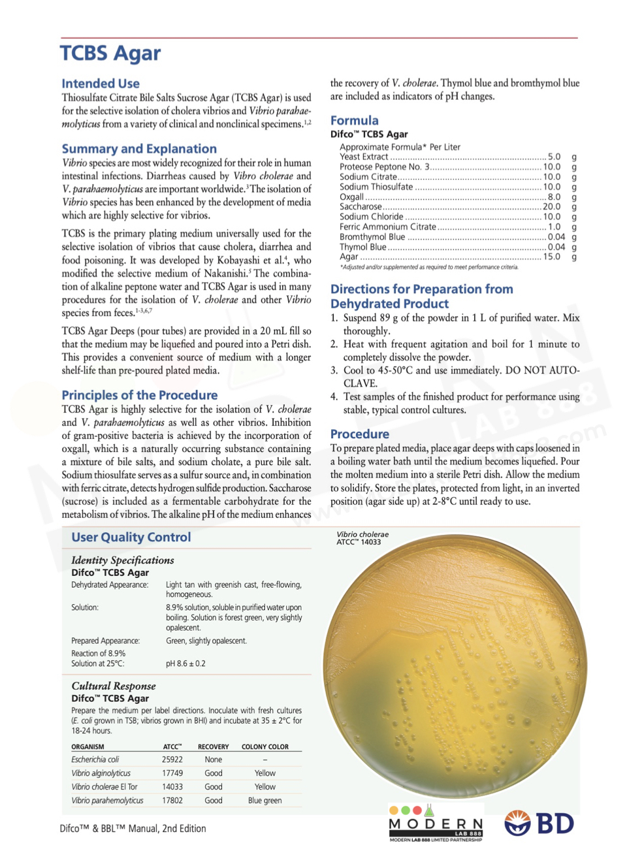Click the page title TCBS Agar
pos(110,54)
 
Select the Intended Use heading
pos(101,84)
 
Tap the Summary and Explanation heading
pos(139,149)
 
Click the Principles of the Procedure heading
pos(140,395)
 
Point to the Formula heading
pos(354,121)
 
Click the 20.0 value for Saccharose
pos(551,206)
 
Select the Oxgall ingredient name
pos(351,197)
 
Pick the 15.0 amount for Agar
pos(551,257)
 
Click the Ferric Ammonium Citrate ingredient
pos(387,227)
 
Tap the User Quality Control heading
pos(131,537)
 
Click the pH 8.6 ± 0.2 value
pos(185,664)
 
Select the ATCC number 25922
pos(172,760)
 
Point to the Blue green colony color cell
pos(265,801)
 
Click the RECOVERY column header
pos(213,746)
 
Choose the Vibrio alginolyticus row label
pos(101,773)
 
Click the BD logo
pos(539,824)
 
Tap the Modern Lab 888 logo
pos(436,824)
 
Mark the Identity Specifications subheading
pos(123,560)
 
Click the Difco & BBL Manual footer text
pos(133,829)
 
